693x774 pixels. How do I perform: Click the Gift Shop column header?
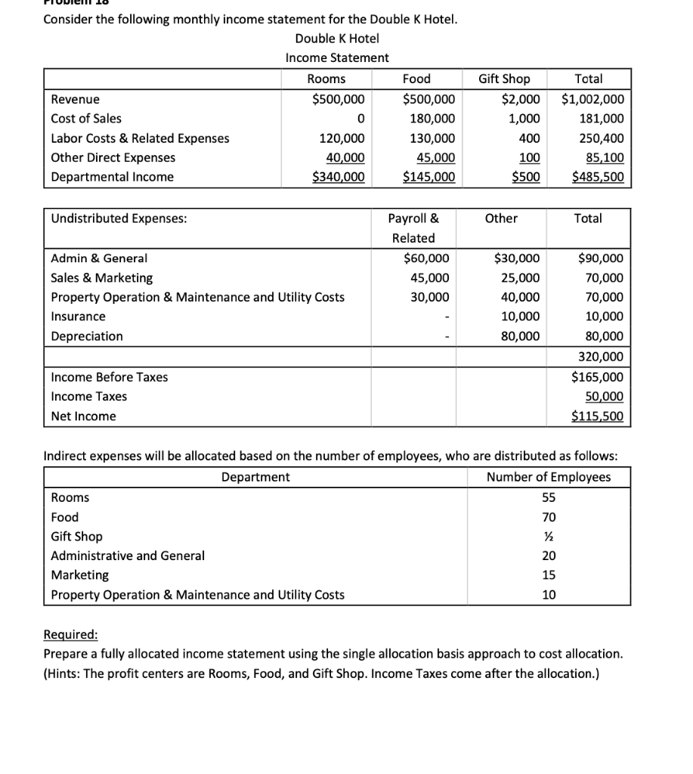pyautogui.click(x=504, y=79)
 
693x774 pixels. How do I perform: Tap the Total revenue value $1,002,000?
pyautogui.click(x=593, y=99)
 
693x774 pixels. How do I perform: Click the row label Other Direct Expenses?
pyautogui.click(x=113, y=157)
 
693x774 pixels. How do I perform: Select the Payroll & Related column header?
pyautogui.click(x=413, y=228)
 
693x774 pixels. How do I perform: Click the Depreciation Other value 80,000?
pyautogui.click(x=521, y=336)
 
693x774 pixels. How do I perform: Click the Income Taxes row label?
pyautogui.click(x=89, y=396)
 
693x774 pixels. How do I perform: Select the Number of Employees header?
pyautogui.click(x=549, y=477)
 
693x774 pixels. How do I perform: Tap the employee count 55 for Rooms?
pyautogui.click(x=549, y=497)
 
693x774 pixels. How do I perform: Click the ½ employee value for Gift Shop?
pyautogui.click(x=549, y=536)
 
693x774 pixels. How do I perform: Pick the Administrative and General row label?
pyautogui.click(x=128, y=556)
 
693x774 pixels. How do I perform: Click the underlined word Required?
pyautogui.click(x=71, y=634)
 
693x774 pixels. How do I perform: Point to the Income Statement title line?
pyautogui.click(x=337, y=57)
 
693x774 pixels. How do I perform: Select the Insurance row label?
pyautogui.click(x=79, y=316)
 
